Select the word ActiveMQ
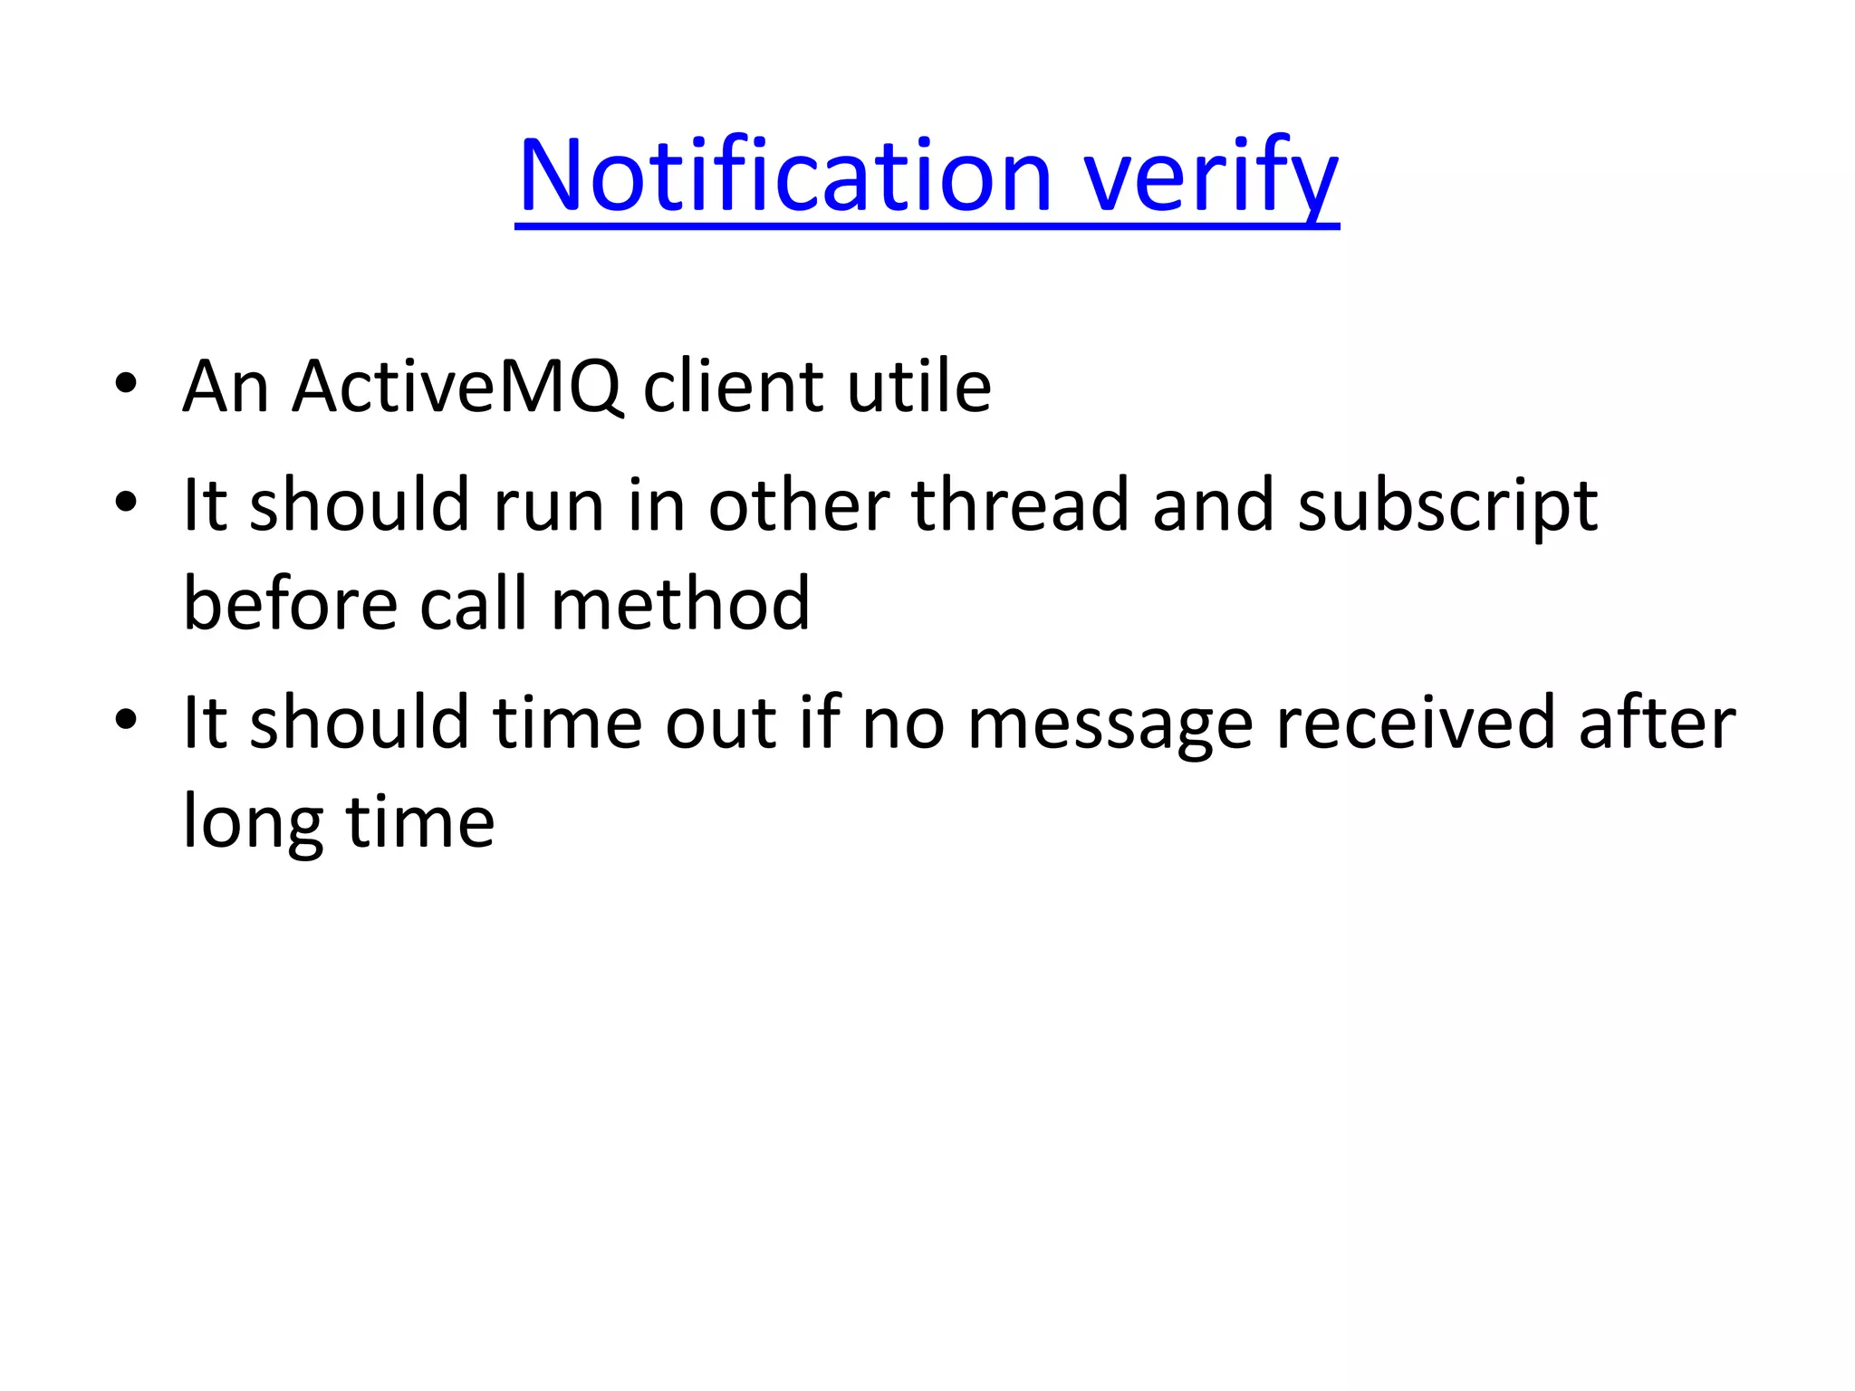pos(457,387)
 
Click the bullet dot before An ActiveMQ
pos(126,384)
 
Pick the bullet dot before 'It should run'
pos(126,502)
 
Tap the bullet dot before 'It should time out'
pos(126,720)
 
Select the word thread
pos(1020,504)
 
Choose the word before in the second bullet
pos(290,604)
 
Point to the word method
pos(680,604)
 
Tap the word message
pos(1110,724)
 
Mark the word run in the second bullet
pos(548,506)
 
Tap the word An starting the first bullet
pos(226,387)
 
